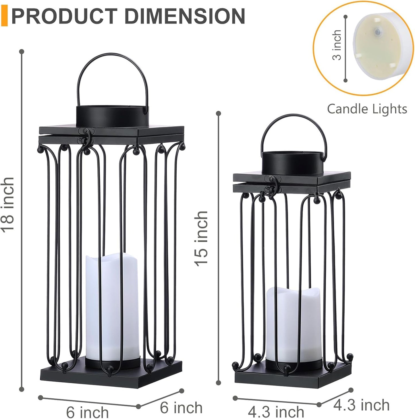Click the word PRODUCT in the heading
point(64,16)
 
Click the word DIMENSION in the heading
point(184,16)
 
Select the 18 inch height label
point(8,204)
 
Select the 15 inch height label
point(202,239)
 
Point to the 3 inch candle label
point(337,45)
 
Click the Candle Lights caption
point(367,109)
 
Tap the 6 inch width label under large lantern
point(88,412)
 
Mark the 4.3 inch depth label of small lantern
point(361,405)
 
